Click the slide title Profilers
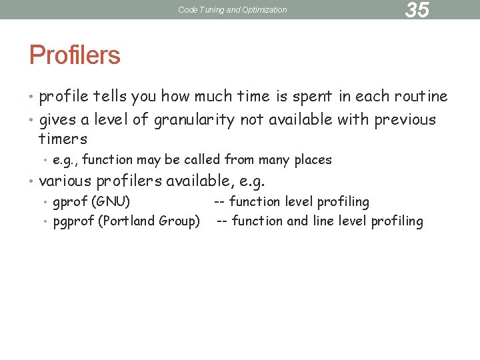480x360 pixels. [75, 55]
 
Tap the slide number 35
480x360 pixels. [417, 10]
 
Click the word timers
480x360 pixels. [63, 139]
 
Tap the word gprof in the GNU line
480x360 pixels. [70, 202]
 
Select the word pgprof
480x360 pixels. [74, 221]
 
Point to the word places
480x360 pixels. [312, 160]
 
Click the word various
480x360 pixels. [66, 181]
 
